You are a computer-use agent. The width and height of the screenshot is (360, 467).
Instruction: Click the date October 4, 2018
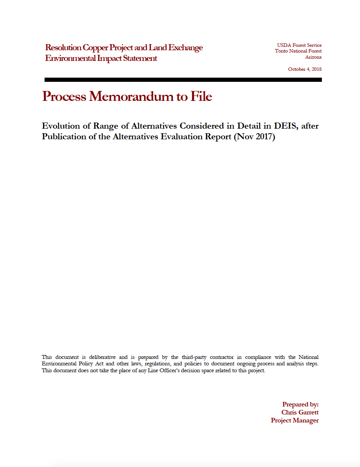point(305,69)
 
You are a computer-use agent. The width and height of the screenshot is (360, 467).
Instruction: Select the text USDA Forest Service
point(299,45)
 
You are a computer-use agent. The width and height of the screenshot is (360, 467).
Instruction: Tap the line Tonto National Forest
point(298,51)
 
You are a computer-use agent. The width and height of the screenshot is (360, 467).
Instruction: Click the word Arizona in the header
point(313,57)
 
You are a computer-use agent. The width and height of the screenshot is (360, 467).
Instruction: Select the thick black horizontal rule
point(183,80)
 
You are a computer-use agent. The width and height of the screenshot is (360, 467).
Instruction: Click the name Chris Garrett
point(300,413)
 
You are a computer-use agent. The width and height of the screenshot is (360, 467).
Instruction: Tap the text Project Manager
point(294,421)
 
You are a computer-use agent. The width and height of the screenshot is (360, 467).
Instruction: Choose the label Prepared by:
point(300,405)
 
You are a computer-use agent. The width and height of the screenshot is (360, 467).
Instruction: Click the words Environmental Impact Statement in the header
point(101,59)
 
